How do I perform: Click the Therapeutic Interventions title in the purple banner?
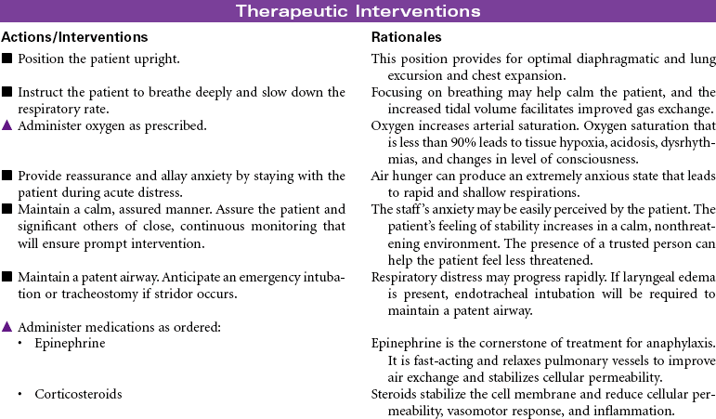tap(358, 11)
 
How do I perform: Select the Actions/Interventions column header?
tap(75, 37)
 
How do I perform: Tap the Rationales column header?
tap(406, 37)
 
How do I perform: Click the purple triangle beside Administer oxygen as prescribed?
tap(7, 124)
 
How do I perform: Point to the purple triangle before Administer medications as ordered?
tap(7, 326)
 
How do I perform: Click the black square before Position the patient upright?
tap(7, 59)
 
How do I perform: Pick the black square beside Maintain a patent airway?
tap(7, 276)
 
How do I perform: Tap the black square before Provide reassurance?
tap(7, 176)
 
